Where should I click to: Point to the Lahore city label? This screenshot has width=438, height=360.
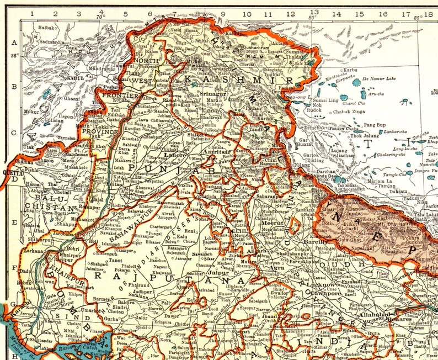pos(175,155)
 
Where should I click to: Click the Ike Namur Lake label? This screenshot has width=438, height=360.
pos(380,79)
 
